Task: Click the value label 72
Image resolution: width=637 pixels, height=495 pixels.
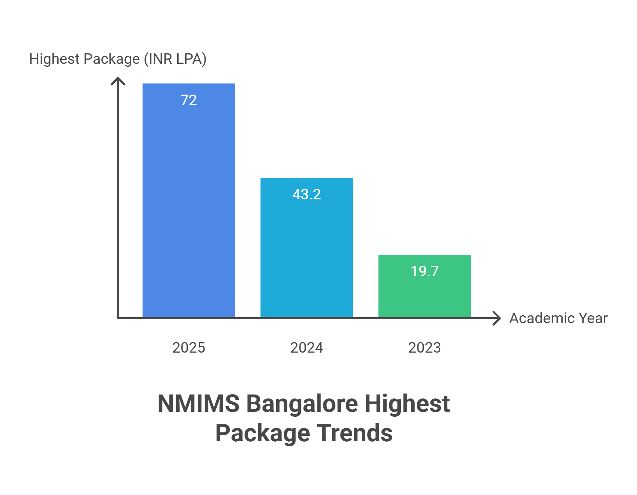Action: (x=189, y=100)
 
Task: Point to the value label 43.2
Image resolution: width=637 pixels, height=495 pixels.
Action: (x=306, y=194)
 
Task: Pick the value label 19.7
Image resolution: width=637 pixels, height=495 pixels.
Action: (x=424, y=271)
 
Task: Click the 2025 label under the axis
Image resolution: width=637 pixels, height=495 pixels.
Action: (x=189, y=348)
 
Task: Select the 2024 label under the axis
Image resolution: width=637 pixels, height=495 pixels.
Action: (x=306, y=348)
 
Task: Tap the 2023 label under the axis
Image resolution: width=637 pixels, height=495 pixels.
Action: (x=424, y=348)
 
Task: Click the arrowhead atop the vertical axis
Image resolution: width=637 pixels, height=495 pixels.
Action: (x=118, y=81)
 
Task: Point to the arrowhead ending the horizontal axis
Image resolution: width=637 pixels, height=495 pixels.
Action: (x=497, y=318)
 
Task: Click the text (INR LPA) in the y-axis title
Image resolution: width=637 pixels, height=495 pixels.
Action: (x=175, y=59)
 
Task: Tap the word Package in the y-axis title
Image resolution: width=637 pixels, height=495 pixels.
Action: (x=112, y=59)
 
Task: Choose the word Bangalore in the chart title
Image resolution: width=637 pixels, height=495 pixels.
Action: (x=302, y=404)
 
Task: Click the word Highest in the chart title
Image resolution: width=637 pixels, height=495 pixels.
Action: (x=407, y=404)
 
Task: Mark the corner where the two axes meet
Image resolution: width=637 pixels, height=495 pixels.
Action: (x=118, y=318)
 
